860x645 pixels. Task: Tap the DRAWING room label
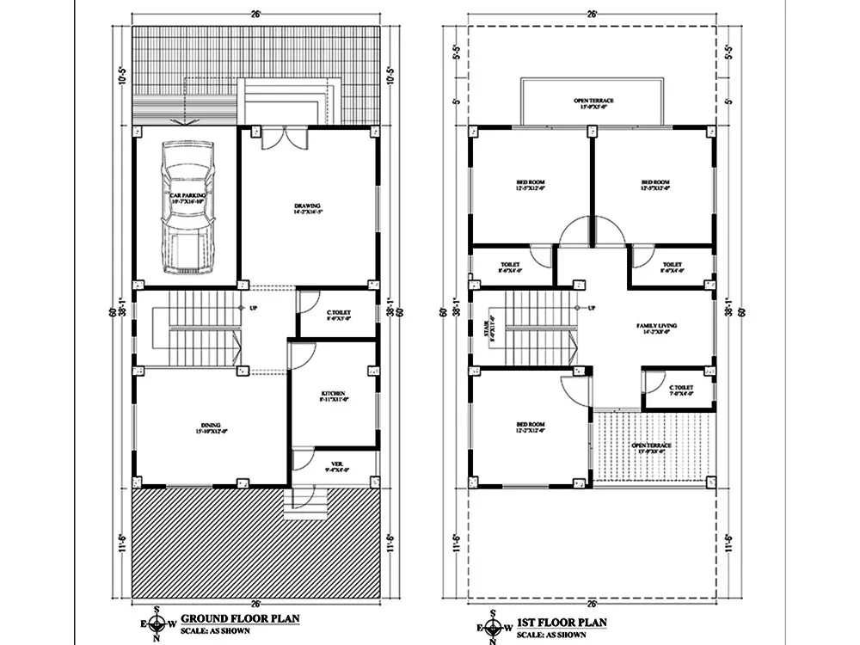[307, 207]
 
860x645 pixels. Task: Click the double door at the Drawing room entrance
[283, 138]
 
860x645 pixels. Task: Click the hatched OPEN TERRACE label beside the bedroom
[651, 447]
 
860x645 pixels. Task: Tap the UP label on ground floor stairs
[254, 307]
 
